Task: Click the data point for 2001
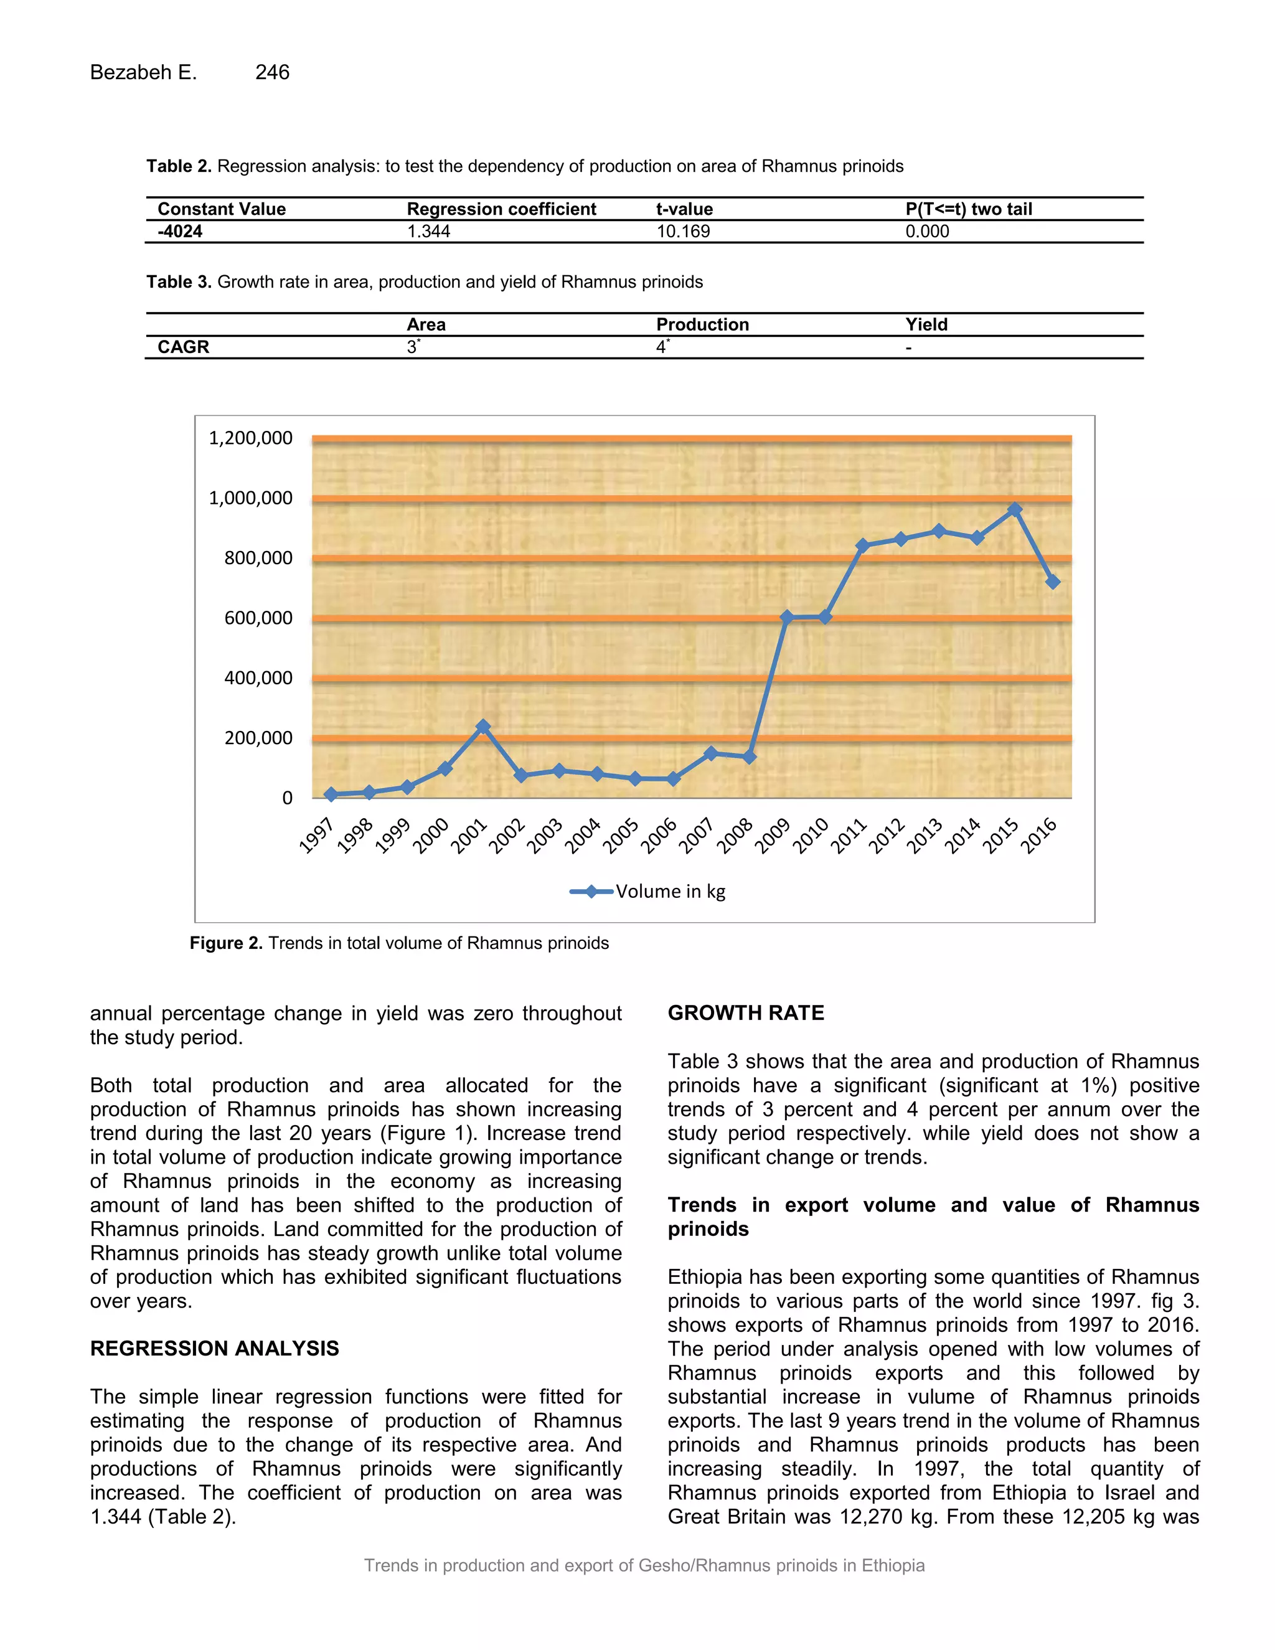click(482, 727)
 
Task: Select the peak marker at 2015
click(1014, 510)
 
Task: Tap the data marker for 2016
click(1053, 582)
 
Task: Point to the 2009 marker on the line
click(786, 617)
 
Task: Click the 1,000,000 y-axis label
click(250, 498)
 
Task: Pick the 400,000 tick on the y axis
click(258, 677)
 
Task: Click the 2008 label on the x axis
click(734, 836)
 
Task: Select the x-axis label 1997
click(316, 836)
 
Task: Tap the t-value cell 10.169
click(683, 232)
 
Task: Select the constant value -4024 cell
click(180, 232)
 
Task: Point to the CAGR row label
click(183, 347)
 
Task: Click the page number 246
click(272, 72)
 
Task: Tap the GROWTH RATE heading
click(745, 1013)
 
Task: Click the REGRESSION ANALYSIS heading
click(215, 1349)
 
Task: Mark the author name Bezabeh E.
click(144, 72)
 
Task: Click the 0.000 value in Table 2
click(927, 232)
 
